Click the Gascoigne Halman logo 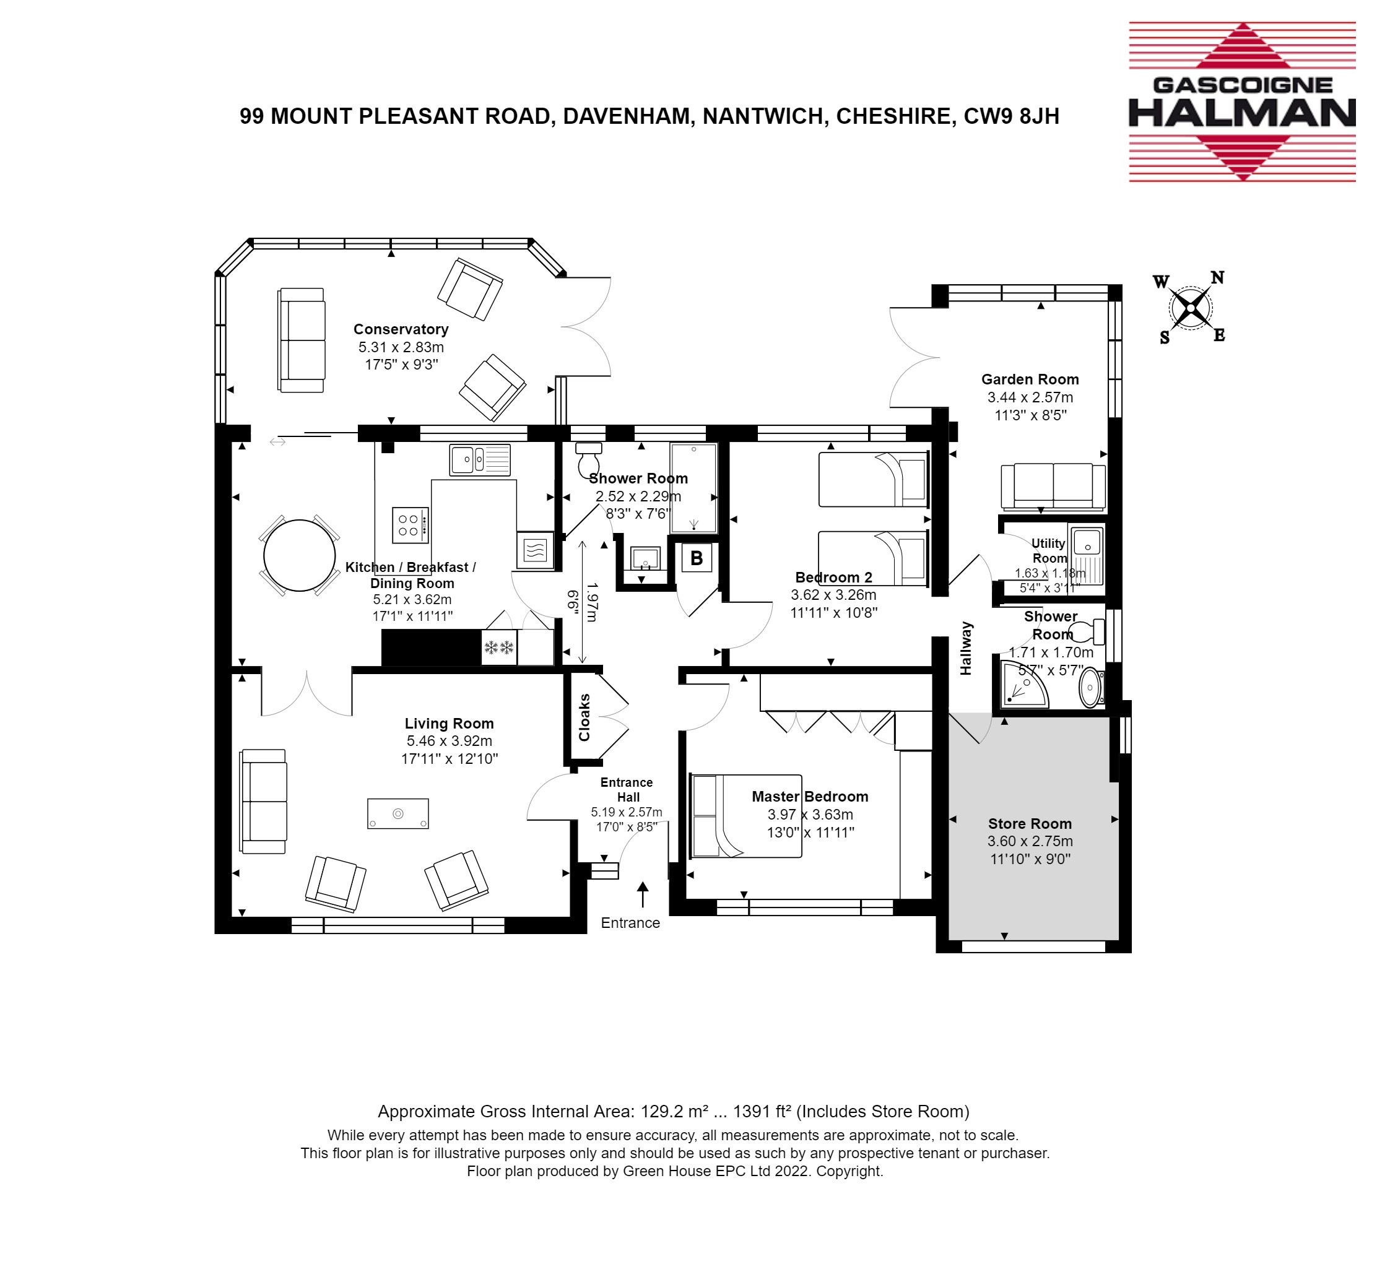click(x=1241, y=102)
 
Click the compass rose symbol click(x=1190, y=308)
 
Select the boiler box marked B click(x=697, y=558)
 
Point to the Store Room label click(x=1030, y=824)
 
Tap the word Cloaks click(x=584, y=717)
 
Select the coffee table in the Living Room click(x=398, y=813)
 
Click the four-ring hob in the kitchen click(x=410, y=526)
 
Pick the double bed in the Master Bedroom click(x=746, y=816)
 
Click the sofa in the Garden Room click(x=1053, y=487)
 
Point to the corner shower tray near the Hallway click(x=1024, y=684)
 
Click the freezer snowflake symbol click(x=498, y=647)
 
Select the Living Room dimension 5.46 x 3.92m click(x=450, y=741)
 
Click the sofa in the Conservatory click(x=301, y=340)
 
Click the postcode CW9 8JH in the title click(x=1011, y=116)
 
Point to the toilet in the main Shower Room click(x=588, y=458)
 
